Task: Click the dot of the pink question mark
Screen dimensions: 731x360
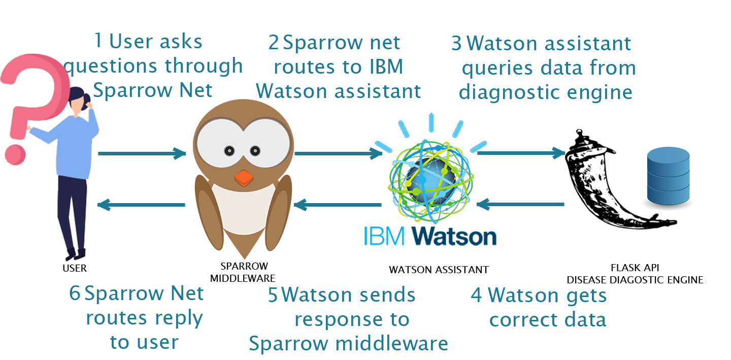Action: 15,151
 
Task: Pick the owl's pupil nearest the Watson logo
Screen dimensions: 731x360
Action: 255,150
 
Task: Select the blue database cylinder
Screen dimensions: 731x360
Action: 667,175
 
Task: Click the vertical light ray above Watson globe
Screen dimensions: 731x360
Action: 431,122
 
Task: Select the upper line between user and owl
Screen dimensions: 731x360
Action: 142,153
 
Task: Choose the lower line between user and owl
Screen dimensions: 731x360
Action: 142,205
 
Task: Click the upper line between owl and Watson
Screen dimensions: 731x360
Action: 329,153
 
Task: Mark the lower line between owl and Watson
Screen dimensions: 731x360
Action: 329,205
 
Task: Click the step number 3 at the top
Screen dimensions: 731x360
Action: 456,45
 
